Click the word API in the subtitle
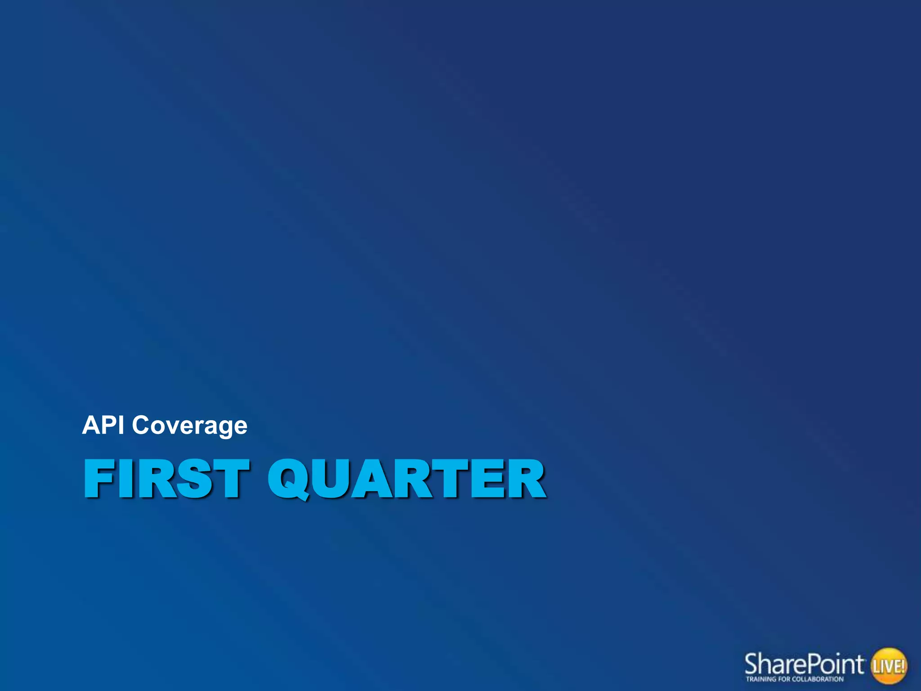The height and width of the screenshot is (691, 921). coord(103,425)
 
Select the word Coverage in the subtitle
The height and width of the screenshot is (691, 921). coord(189,426)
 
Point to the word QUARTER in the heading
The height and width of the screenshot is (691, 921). coord(407,479)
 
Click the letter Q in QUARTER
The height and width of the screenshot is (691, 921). coord(288,479)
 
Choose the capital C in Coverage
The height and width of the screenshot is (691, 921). coord(142,425)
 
